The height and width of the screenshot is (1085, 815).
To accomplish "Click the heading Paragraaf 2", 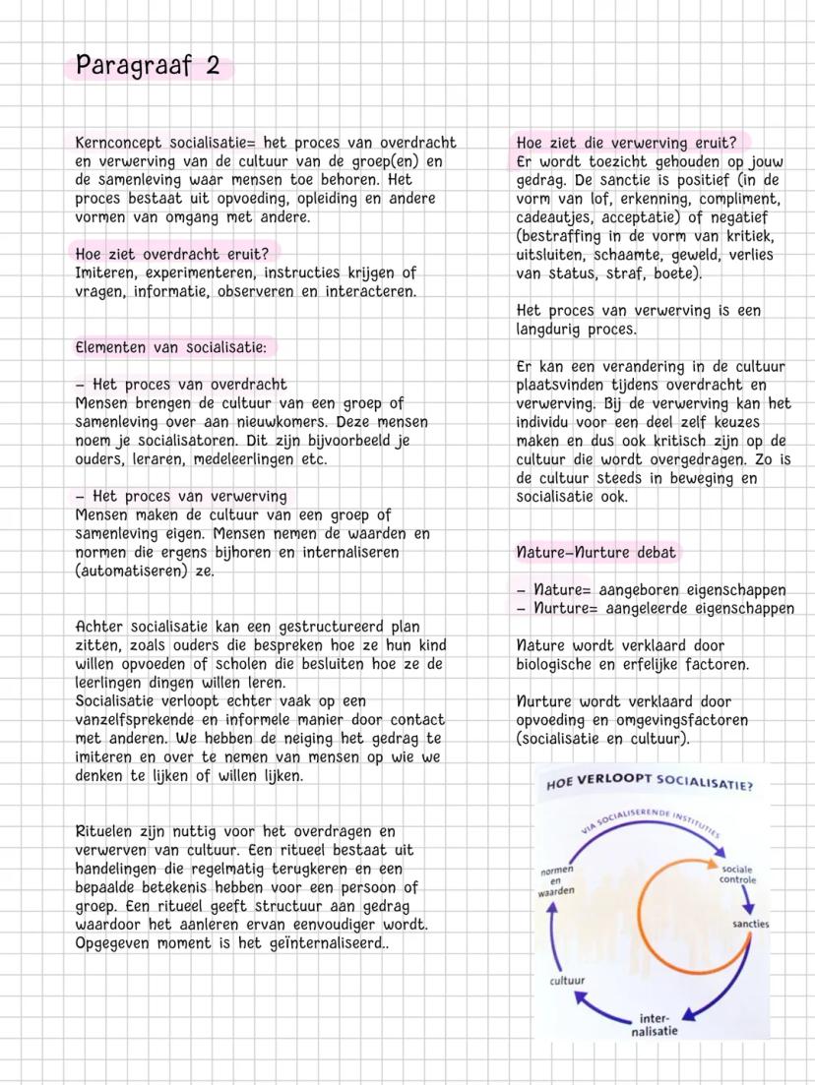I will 148,68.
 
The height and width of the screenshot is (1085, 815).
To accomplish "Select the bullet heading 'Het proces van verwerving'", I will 189,497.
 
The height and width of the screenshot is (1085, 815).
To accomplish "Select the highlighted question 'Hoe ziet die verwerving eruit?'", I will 626,143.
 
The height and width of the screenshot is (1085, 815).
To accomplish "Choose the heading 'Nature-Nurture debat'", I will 596,552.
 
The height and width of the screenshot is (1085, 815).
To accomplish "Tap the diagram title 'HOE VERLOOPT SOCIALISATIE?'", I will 649,784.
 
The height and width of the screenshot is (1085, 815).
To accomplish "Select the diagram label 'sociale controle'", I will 737,874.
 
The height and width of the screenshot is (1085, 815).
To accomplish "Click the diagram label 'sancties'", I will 750,924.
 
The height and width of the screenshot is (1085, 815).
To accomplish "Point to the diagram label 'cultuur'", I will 566,981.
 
